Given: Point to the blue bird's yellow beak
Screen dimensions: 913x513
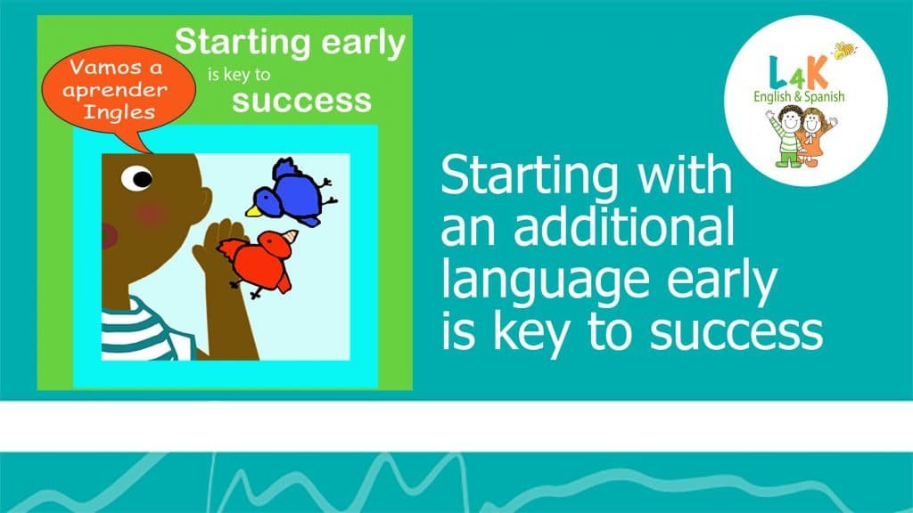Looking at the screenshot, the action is [252, 210].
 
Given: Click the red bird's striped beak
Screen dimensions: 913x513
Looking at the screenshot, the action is [290, 237].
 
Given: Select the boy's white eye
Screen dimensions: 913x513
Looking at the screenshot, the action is [137, 178].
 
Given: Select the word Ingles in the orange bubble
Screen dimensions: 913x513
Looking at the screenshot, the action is [119, 111].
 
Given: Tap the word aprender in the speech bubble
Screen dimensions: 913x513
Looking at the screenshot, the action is [115, 90].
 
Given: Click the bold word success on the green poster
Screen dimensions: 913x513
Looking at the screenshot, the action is [301, 101].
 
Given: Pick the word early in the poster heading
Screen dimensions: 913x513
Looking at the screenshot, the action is [364, 44].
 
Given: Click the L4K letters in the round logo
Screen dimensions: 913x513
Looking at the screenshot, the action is [798, 73].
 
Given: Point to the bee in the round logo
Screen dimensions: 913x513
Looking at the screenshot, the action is [845, 51].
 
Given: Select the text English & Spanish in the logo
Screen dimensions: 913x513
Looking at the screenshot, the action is [799, 96].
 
